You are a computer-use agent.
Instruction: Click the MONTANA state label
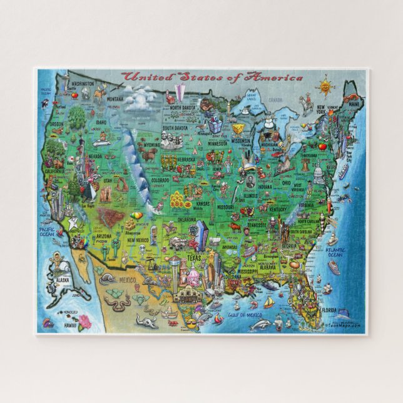115,99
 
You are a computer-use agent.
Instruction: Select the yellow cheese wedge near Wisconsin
238,128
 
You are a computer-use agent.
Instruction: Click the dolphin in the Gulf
264,324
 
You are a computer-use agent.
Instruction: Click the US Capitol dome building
319,173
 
